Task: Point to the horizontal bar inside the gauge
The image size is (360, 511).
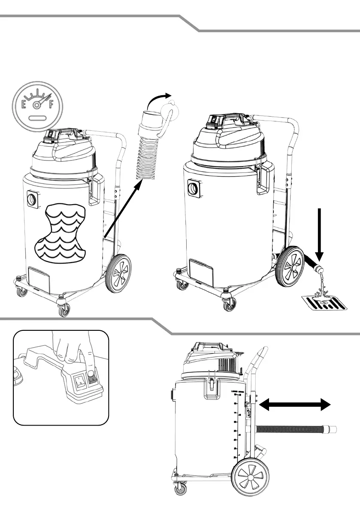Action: pos(38,117)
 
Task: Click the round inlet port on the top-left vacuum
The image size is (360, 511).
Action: pos(31,198)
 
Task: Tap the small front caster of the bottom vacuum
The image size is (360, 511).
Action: pos(178,489)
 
